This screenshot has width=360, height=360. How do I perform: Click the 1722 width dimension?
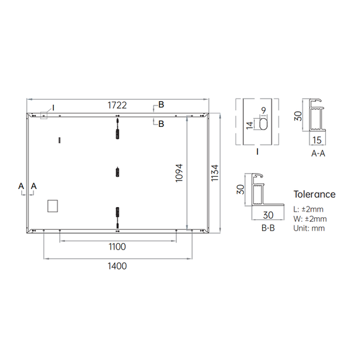click(x=117, y=105)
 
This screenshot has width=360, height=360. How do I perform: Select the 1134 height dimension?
click(x=215, y=173)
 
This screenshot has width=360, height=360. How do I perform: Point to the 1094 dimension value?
click(x=179, y=173)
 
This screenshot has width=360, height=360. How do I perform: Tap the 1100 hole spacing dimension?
click(x=117, y=247)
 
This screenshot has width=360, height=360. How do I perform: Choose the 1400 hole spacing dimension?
click(x=117, y=266)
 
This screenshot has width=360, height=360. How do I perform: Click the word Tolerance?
click(x=315, y=195)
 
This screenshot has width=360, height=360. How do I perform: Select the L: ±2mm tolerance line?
click(x=308, y=209)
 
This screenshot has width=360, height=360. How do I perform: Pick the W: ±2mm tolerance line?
click(x=310, y=219)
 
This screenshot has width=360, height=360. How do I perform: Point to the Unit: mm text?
click(x=309, y=228)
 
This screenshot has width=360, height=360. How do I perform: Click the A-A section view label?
click(x=318, y=153)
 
